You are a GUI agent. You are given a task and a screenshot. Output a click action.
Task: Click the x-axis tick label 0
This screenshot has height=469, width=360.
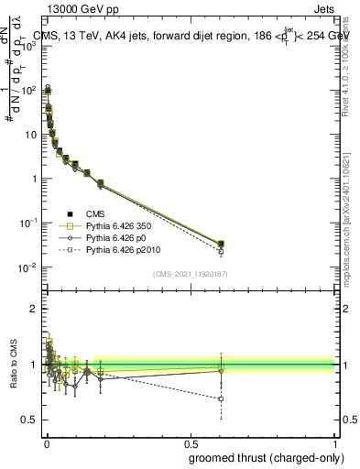[x=46, y=442]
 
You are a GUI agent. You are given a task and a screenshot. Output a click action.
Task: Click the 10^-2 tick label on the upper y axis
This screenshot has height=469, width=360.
[x=27, y=267]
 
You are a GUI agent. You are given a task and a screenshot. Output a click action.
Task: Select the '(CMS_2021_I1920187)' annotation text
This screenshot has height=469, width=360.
[x=190, y=274]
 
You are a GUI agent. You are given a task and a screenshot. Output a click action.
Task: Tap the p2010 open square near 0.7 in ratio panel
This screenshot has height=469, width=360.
[x=221, y=399]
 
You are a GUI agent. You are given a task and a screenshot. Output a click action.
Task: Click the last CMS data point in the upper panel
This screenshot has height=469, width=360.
[x=221, y=244]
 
